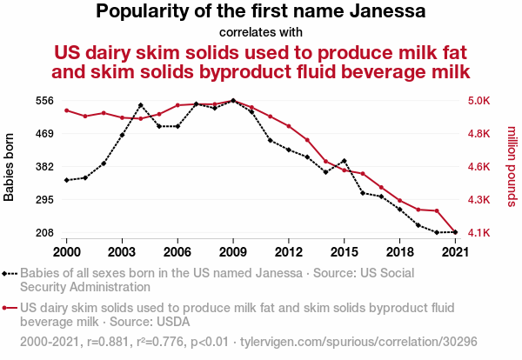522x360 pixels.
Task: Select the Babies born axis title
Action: point(10,167)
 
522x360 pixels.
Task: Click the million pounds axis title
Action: point(512,167)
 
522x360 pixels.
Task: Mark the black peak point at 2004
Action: point(141,105)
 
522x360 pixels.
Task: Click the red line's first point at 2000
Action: point(66,110)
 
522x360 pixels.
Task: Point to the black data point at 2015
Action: point(345,161)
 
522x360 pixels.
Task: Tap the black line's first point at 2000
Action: point(66,180)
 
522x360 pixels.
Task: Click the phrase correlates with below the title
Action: point(261,33)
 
